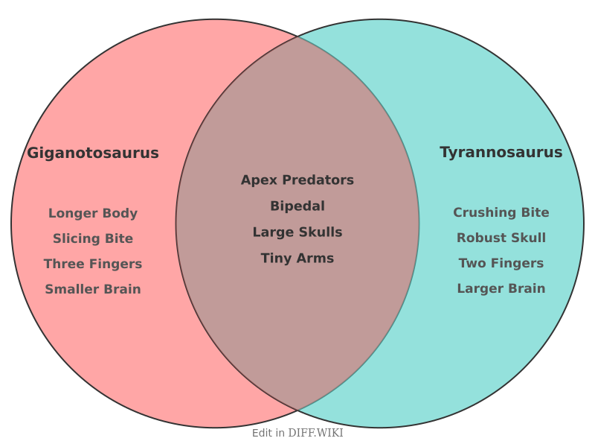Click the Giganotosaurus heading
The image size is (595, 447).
(93, 153)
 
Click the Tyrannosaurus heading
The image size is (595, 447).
(501, 152)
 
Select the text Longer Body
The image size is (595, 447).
(93, 213)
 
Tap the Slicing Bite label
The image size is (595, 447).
(93, 238)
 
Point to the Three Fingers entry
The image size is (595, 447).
(93, 264)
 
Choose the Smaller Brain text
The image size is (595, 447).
(93, 289)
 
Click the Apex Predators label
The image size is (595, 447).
(297, 180)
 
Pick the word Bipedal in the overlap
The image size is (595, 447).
(297, 206)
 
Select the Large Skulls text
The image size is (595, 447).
(297, 232)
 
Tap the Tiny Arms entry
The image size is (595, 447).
(297, 258)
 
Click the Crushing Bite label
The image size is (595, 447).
(501, 212)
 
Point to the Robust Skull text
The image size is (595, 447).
(501, 238)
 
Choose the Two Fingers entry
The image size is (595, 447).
(501, 263)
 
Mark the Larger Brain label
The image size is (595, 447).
(501, 288)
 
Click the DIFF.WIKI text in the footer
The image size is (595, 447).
(315, 433)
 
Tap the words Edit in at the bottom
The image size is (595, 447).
(268, 433)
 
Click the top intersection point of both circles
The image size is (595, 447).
(297, 36)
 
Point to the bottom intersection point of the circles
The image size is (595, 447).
(297, 410)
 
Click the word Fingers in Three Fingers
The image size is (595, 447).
(115, 264)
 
